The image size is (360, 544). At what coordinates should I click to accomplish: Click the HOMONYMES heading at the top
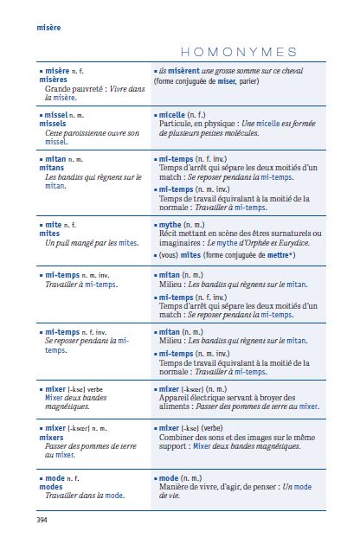pyautogui.click(x=240, y=52)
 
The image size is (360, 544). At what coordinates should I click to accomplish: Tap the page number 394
pyautogui.click(x=42, y=520)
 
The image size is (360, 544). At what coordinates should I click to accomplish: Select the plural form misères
pyautogui.click(x=54, y=79)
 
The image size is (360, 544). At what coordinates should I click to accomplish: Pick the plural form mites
pyautogui.click(x=49, y=234)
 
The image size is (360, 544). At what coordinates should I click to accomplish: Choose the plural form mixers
pyautogui.click(x=53, y=437)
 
